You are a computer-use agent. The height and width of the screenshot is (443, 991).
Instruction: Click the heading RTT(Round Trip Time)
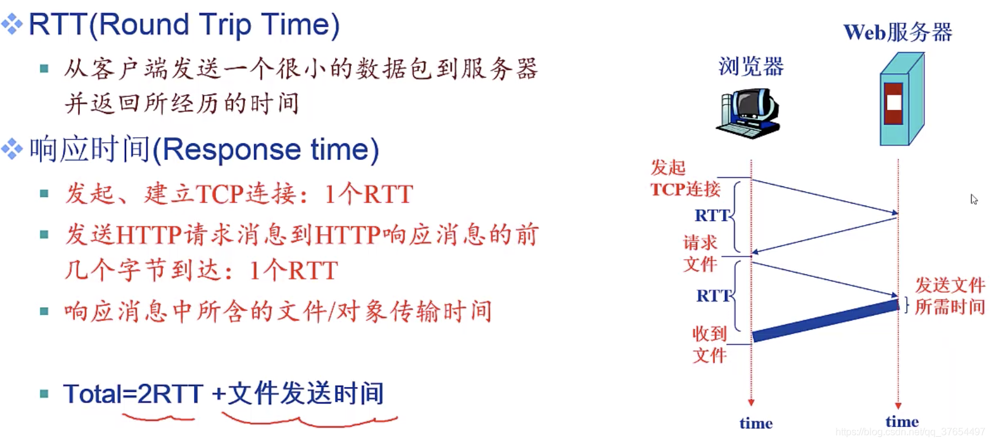[184, 25]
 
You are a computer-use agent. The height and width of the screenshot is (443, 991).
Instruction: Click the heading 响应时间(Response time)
[204, 150]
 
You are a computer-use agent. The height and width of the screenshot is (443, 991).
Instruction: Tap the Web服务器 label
[898, 32]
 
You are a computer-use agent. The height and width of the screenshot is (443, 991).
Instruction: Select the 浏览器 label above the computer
[751, 66]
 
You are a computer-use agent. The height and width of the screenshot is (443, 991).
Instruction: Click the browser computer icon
[749, 114]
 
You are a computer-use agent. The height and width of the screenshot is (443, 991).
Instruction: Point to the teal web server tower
[902, 99]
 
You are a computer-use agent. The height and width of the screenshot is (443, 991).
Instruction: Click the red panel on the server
[893, 103]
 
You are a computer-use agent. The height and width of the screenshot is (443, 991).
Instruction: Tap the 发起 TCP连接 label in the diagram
[685, 178]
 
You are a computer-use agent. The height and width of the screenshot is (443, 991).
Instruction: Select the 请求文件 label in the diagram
[700, 253]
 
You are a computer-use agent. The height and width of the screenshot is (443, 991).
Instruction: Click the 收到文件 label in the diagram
[709, 345]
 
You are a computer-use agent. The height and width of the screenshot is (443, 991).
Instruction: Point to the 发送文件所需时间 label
[949, 295]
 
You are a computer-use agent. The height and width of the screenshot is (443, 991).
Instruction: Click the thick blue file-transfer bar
[826, 321]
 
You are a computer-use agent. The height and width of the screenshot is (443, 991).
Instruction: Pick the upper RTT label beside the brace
[712, 215]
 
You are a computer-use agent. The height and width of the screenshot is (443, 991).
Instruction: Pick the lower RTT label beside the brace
[714, 295]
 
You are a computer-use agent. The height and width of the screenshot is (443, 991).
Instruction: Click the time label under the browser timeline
[756, 423]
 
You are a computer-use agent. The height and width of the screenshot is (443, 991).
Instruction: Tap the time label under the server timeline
[902, 421]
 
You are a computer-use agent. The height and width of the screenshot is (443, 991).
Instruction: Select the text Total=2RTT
[133, 393]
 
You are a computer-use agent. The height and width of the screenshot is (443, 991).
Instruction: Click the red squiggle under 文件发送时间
[310, 420]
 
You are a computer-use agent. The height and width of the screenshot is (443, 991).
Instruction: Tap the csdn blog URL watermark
[910, 432]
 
